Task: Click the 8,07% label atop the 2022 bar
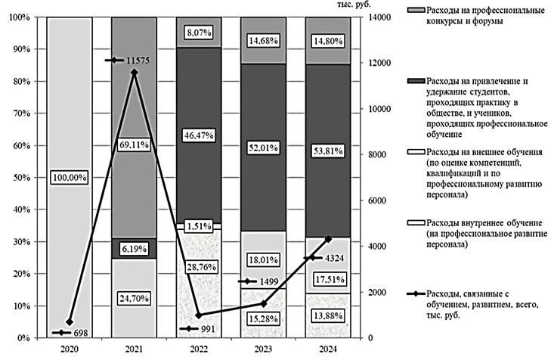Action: pyautogui.click(x=199, y=33)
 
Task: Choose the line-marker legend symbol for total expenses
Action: pyautogui.click(x=415, y=296)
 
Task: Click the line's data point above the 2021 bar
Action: pyautogui.click(x=134, y=73)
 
